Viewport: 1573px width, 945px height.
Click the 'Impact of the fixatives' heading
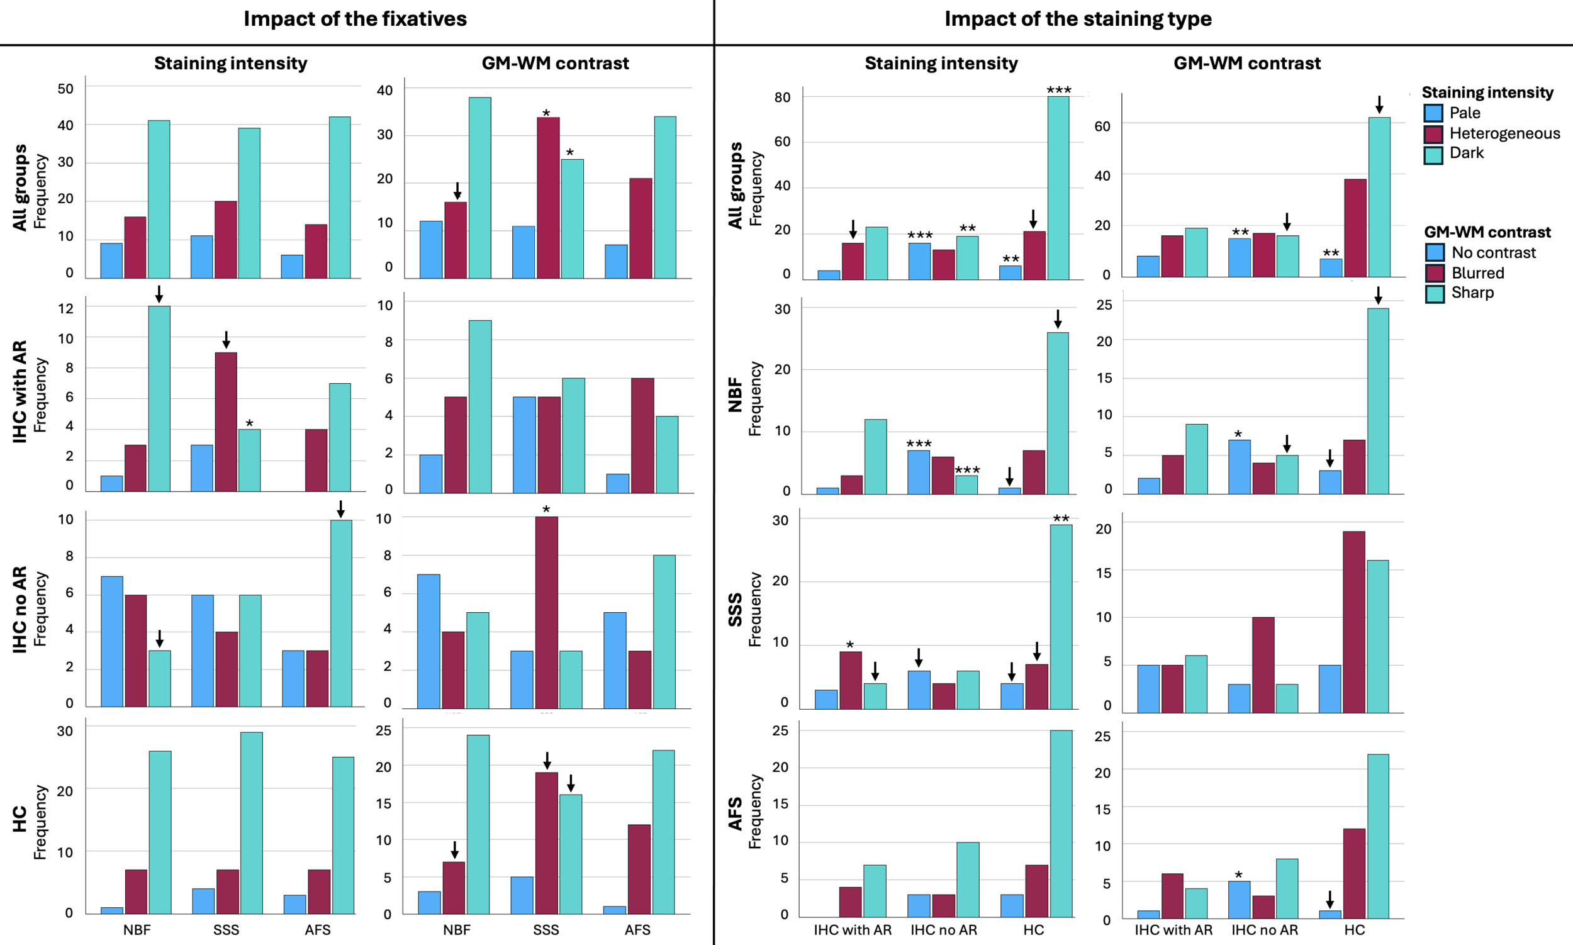[355, 19]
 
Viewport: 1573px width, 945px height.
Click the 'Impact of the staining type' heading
[1078, 19]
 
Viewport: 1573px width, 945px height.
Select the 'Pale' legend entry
[1464, 113]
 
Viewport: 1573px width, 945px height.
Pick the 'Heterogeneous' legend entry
[1504, 134]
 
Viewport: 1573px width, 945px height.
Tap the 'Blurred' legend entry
[1477, 273]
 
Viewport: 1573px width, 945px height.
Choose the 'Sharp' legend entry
[1472, 293]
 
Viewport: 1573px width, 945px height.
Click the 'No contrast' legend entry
[1492, 253]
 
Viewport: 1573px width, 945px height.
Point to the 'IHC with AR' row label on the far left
[20, 391]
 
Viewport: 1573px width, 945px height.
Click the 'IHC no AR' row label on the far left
[20, 610]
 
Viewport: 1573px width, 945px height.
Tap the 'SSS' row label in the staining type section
[735, 610]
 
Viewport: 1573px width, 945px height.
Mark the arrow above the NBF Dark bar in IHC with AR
[159, 294]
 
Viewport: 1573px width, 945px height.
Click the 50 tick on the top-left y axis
[65, 89]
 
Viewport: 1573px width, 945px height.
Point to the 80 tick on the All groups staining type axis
[782, 98]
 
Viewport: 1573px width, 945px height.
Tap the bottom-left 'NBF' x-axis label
[137, 930]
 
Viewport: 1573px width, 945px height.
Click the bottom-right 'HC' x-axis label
[1355, 930]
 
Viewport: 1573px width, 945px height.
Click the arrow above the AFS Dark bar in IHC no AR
[340, 509]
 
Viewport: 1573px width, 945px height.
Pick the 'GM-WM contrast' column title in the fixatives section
[555, 64]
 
